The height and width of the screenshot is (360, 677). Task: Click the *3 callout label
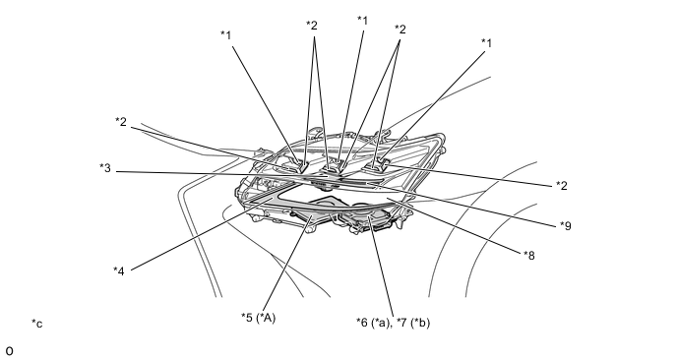pyautogui.click(x=105, y=168)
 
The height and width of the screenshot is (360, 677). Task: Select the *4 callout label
pyautogui.click(x=119, y=271)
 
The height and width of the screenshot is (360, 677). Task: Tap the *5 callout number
pyautogui.click(x=247, y=318)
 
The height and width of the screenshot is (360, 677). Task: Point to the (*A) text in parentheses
pyautogui.click(x=266, y=318)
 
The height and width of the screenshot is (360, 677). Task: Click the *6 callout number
pyautogui.click(x=362, y=323)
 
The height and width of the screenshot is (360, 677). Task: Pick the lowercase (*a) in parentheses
pyautogui.click(x=380, y=323)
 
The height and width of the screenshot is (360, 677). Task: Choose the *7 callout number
pyautogui.click(x=402, y=323)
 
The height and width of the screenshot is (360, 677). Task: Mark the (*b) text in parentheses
pyautogui.click(x=420, y=323)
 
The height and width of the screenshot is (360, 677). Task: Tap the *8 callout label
pyautogui.click(x=529, y=256)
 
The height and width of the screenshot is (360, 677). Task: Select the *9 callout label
pyautogui.click(x=566, y=225)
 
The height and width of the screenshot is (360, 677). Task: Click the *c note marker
pyautogui.click(x=37, y=324)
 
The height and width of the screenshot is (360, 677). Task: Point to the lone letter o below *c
pyautogui.click(x=10, y=351)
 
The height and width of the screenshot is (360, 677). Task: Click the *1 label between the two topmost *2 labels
pyautogui.click(x=363, y=21)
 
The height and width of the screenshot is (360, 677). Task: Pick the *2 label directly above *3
pyautogui.click(x=121, y=122)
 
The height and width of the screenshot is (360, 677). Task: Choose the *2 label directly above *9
pyautogui.click(x=561, y=186)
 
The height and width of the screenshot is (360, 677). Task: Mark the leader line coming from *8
pyautogui.click(x=455, y=226)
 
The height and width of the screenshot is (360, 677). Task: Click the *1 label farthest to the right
pyautogui.click(x=486, y=42)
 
